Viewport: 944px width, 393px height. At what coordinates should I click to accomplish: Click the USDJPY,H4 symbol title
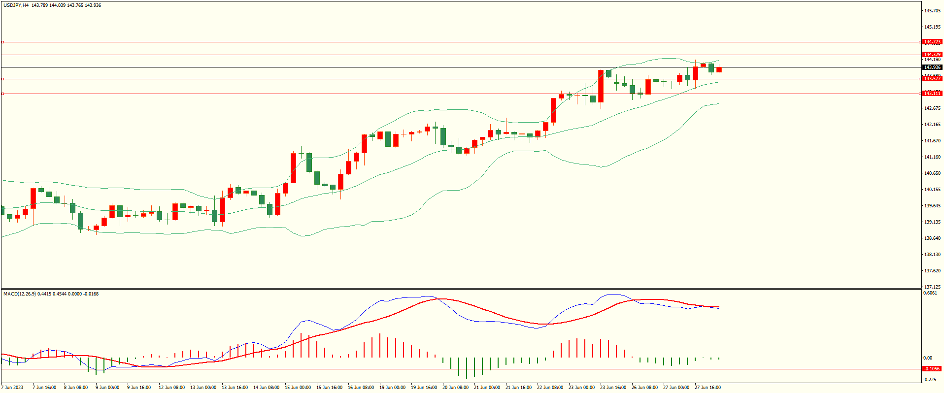[16, 5]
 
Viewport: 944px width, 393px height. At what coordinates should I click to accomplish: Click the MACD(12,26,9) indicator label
[19, 294]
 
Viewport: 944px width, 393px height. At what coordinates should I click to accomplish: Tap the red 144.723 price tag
[932, 42]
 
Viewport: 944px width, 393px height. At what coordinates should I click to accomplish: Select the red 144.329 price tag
[932, 55]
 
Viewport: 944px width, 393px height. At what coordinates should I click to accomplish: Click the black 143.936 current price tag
[932, 67]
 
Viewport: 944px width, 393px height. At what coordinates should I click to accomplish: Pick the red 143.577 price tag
[932, 79]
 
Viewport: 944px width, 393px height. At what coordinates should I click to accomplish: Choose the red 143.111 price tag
[932, 94]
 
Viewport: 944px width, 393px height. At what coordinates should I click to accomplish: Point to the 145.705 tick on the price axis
[932, 11]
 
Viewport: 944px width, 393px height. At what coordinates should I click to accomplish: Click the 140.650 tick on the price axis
[932, 173]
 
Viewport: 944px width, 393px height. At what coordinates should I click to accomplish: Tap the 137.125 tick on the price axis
[932, 287]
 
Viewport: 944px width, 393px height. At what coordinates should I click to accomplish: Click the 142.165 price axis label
[932, 125]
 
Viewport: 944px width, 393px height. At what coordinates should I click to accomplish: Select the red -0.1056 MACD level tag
[931, 369]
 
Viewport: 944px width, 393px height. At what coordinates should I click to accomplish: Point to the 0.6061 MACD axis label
[930, 293]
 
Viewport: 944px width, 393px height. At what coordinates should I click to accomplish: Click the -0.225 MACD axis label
[930, 379]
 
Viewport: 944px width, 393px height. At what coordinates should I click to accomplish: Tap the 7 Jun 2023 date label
[12, 388]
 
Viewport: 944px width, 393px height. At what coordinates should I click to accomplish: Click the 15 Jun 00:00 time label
[298, 388]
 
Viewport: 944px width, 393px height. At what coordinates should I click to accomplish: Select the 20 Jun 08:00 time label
[455, 388]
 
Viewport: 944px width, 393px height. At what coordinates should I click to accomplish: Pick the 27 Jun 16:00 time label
[708, 388]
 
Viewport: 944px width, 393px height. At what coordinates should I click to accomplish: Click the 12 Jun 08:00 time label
[171, 388]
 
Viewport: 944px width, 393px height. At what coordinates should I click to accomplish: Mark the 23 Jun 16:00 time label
[613, 388]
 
